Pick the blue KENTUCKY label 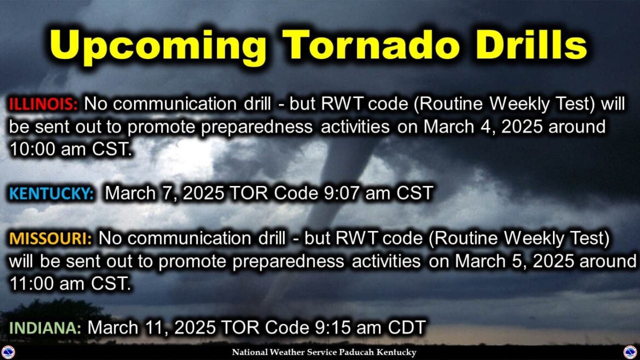[51, 194]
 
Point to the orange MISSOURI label [51, 239]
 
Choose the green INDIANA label [45, 328]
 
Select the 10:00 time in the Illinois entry [32, 149]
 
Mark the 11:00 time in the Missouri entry [32, 283]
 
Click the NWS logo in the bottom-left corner [8, 352]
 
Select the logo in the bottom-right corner [631, 352]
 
